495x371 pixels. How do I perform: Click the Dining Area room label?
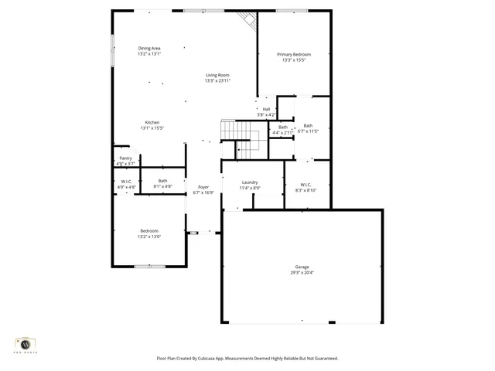149,48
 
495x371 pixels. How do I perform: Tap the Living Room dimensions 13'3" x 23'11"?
217,80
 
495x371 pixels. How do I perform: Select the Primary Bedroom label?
294,54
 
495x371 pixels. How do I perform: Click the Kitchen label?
152,122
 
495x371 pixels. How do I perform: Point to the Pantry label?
125,158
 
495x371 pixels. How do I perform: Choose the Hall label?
266,109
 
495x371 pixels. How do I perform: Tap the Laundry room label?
250,182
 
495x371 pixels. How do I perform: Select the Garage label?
302,267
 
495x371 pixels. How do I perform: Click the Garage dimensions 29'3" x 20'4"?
302,273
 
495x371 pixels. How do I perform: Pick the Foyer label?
203,187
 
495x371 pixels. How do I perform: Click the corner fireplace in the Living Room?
249,20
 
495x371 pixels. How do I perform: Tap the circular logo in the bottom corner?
26,343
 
